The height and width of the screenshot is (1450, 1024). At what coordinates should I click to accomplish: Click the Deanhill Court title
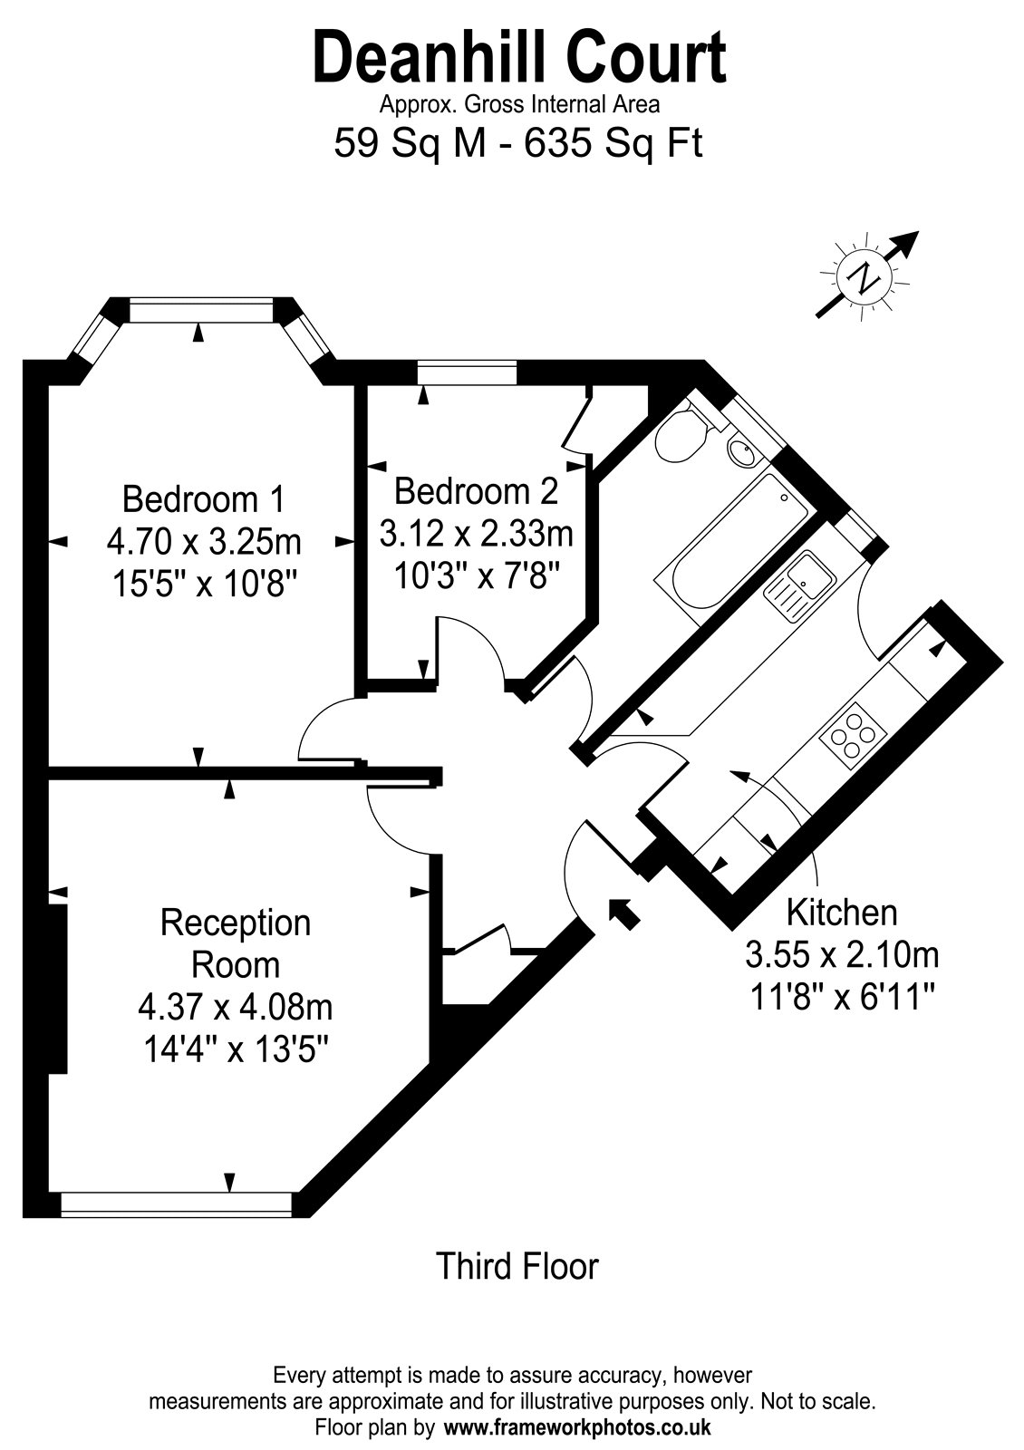[519, 60]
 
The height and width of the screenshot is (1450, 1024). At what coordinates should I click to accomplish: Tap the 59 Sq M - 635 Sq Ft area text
[517, 143]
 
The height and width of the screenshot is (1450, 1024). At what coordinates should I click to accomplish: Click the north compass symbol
[866, 277]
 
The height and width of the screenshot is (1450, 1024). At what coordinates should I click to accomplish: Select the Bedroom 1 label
[203, 499]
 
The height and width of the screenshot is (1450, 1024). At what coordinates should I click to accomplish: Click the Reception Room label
[236, 943]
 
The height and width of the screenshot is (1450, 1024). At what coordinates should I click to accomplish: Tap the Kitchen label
[842, 913]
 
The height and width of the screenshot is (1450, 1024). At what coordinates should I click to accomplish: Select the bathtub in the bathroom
[732, 547]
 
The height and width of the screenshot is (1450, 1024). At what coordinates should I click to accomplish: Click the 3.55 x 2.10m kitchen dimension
[842, 954]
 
